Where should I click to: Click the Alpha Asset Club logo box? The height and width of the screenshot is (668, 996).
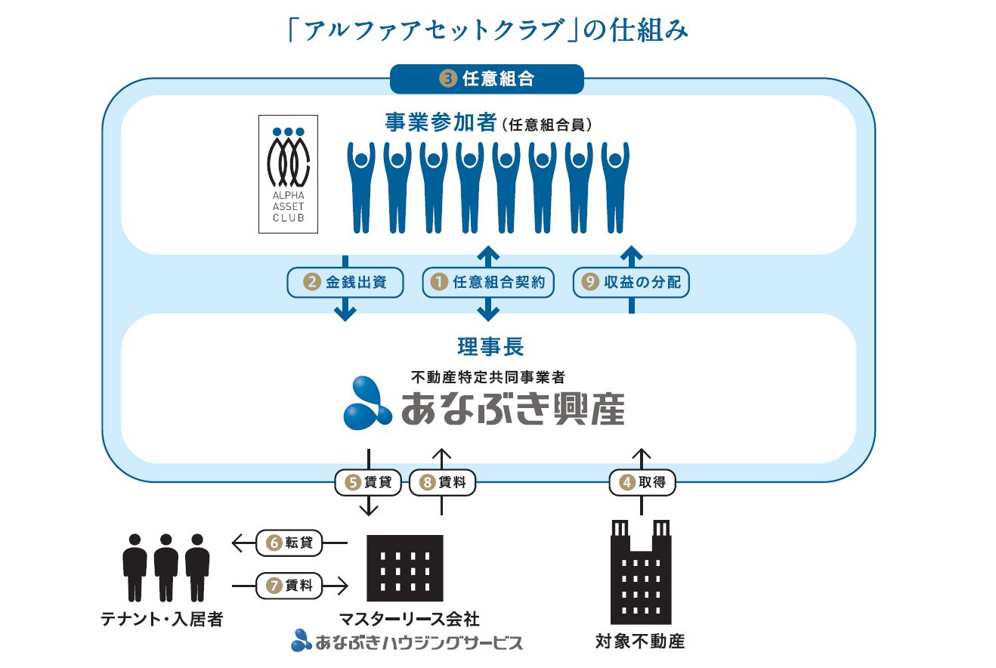288,174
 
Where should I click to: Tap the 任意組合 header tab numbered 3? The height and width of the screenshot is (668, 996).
487,79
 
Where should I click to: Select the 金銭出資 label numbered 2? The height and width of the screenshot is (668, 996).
345,283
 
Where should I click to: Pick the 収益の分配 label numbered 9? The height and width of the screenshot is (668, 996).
632,283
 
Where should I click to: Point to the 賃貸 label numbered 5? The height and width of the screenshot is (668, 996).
368,482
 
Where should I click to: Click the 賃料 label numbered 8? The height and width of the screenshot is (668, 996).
442,482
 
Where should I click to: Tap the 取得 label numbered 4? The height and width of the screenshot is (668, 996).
642,482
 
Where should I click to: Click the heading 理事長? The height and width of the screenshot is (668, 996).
490,347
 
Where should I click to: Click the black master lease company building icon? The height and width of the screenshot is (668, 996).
404,567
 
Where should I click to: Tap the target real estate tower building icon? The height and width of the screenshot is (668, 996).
641,571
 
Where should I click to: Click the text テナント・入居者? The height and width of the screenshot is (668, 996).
162,619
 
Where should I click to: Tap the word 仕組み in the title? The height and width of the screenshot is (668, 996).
645,31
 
